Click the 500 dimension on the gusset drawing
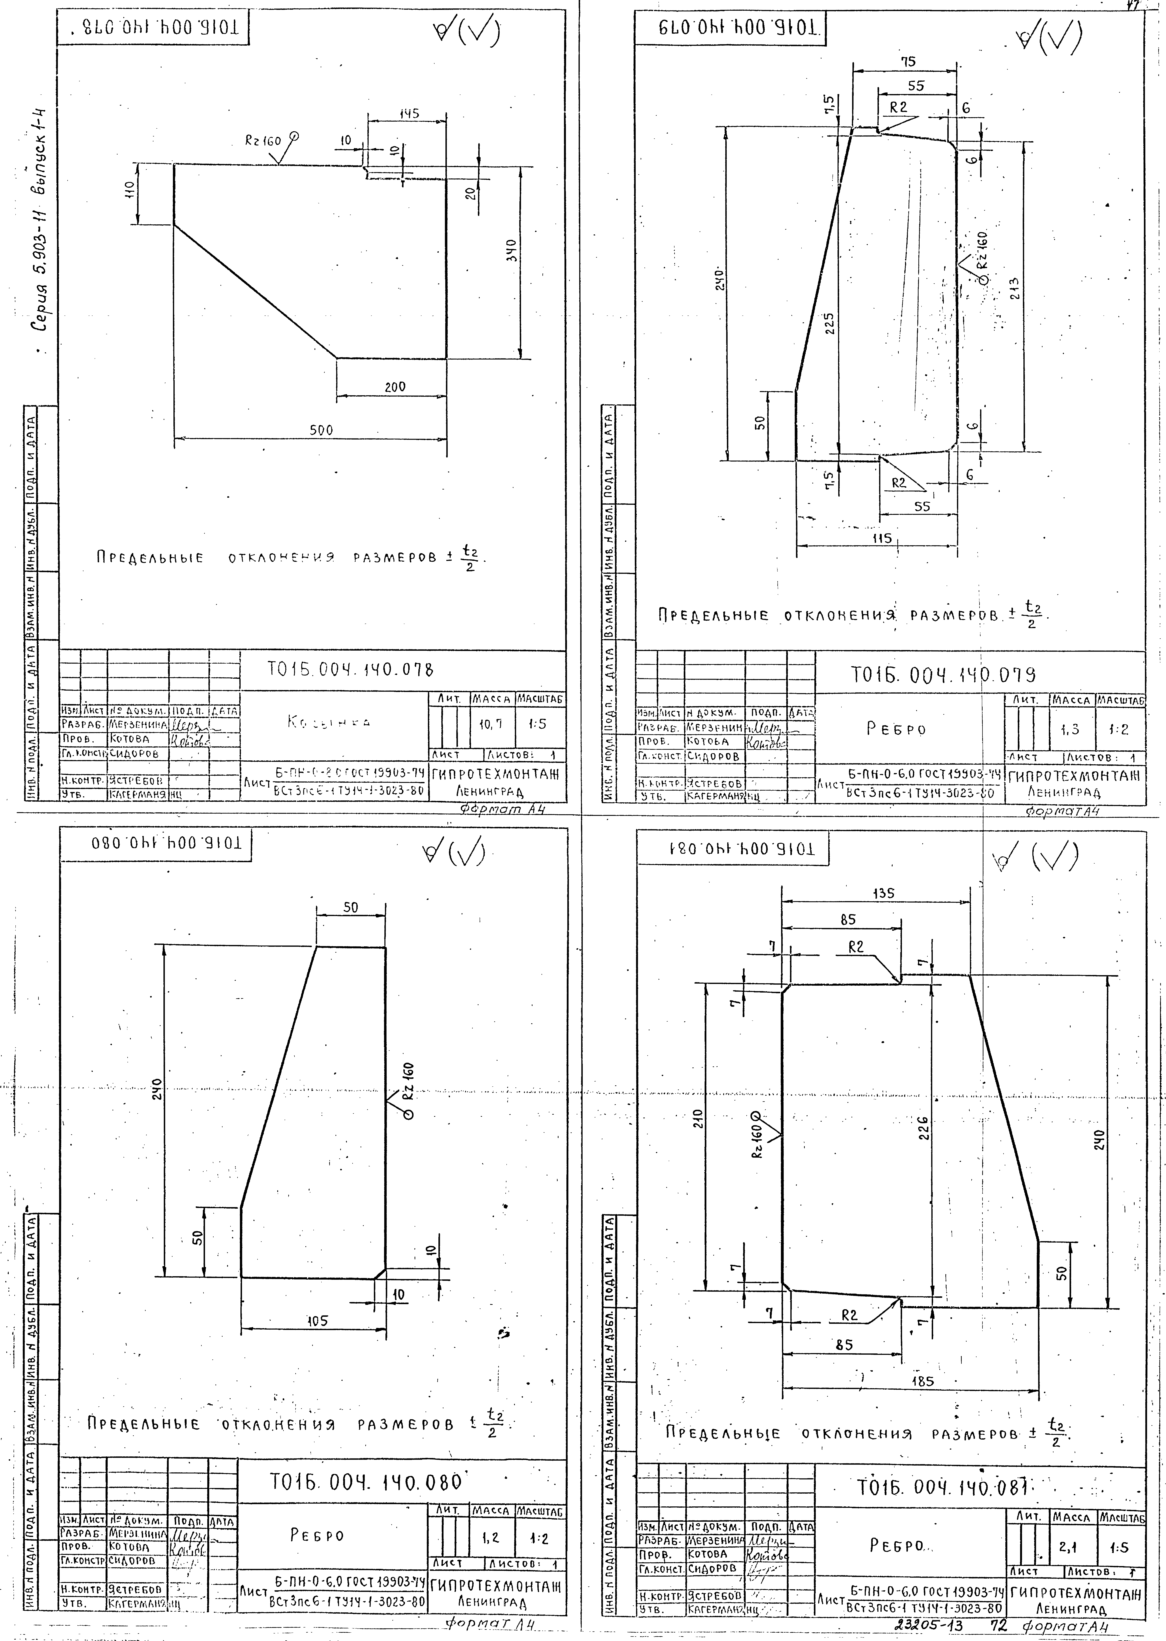321,430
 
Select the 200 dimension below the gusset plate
394,387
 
